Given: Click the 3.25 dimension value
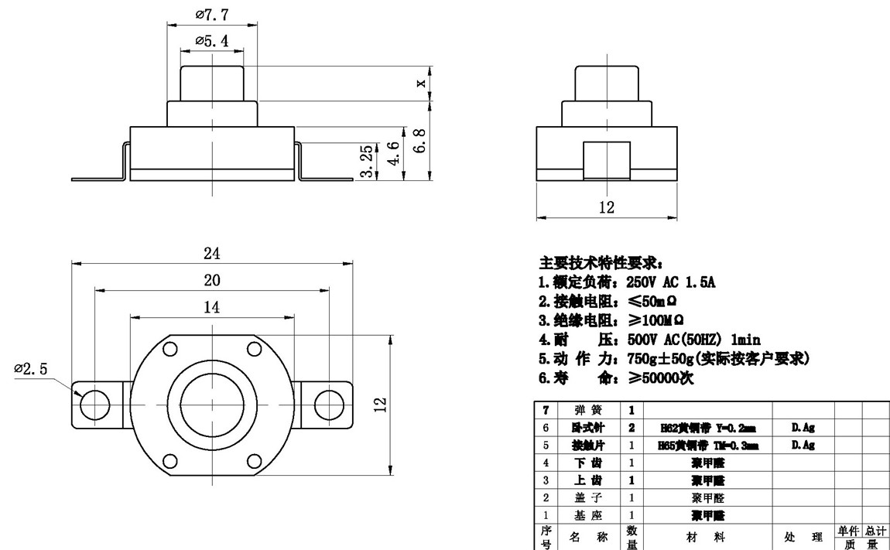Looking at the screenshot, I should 368,160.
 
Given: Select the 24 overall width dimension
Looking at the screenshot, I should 212,253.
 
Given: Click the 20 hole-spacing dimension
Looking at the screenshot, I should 212,279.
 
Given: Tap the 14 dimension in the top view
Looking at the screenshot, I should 211,307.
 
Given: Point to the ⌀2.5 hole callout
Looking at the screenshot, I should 31,369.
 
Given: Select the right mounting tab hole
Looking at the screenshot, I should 329,404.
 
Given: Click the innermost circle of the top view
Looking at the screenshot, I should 212,404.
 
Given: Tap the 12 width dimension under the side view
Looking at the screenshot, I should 606,207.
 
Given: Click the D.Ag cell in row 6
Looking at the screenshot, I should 803,427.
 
